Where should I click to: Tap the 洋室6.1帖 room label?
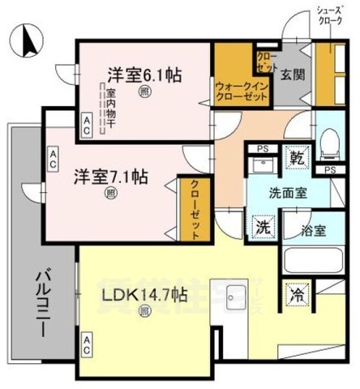[144, 75]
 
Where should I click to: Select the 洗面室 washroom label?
[288, 194]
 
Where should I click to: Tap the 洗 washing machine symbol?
[262, 227]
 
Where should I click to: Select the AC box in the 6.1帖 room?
[85, 118]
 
